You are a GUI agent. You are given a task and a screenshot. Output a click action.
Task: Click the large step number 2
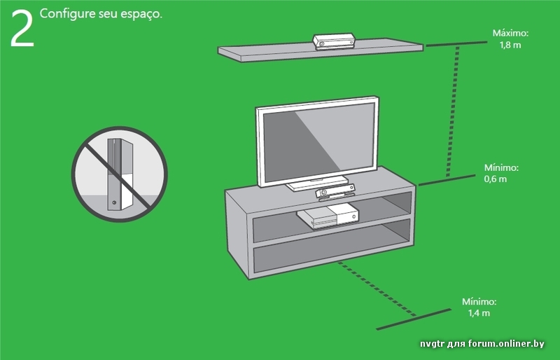point(22,28)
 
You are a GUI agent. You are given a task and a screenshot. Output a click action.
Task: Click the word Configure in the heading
point(68,13)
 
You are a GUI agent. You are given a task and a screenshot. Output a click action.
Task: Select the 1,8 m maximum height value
point(510,45)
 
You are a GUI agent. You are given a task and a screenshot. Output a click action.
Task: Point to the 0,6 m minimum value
point(496,179)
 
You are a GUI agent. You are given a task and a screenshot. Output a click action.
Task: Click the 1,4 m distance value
point(479,313)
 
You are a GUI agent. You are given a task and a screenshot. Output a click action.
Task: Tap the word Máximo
point(510,33)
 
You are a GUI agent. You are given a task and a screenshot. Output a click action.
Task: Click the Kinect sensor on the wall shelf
point(335,41)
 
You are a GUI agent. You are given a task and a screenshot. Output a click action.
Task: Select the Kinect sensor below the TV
point(335,192)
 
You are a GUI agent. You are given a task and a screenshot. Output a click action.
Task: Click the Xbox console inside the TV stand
point(328,216)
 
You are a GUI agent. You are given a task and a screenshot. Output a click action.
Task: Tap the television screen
point(317,142)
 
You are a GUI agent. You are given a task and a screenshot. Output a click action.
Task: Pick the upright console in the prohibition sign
point(120,174)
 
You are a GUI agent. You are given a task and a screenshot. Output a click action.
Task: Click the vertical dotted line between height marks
point(452,111)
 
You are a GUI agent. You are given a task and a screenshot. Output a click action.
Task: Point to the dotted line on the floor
point(377,289)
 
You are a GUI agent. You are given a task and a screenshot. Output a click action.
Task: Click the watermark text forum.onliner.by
point(506,344)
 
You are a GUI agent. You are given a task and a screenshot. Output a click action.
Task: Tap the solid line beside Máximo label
point(456,43)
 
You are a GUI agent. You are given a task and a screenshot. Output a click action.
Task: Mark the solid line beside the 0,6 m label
point(447,180)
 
